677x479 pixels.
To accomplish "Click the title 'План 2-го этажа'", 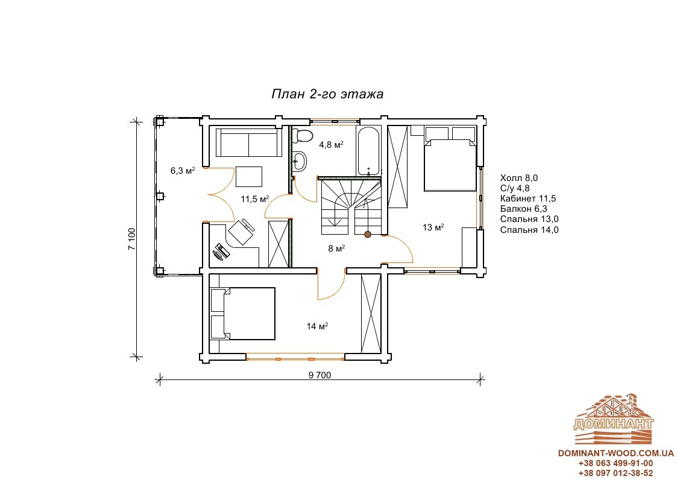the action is [327, 94].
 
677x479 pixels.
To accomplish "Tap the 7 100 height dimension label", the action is [131, 239].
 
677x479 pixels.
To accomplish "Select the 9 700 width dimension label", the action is [320, 375].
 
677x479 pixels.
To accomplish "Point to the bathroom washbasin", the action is [299, 162].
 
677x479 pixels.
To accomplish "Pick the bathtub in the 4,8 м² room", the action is [368, 150].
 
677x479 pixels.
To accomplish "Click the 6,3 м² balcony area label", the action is [183, 171].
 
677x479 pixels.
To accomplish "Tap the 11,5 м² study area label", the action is [255, 198].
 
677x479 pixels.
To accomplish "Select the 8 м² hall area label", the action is [336, 249].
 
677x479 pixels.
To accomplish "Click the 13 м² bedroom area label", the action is [433, 227].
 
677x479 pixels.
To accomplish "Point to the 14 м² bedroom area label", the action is [317, 326].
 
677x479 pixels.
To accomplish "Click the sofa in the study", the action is [249, 142].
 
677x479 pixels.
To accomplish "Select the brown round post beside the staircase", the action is [367, 235].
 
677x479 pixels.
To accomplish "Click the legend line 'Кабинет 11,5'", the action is [528, 198].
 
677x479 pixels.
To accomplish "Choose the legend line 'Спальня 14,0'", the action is [529, 230].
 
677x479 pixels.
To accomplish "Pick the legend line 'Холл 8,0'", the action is [518, 178].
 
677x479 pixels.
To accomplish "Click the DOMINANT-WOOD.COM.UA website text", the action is [616, 453].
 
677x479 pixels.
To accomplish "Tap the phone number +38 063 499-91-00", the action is [616, 463].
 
